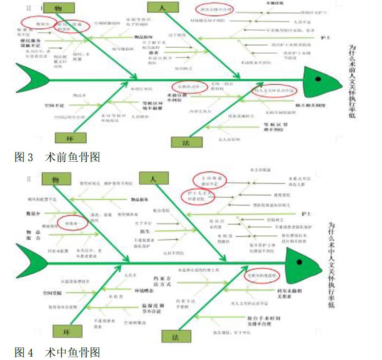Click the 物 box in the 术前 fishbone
pos(58,8)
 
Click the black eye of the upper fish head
pos(318,78)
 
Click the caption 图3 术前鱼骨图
pos(57,157)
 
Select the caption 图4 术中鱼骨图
pos(57,352)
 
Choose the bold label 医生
pos(145,231)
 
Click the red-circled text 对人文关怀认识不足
pos(275,91)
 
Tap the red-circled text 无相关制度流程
pos(262,275)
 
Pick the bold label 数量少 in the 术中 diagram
pos(34,213)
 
